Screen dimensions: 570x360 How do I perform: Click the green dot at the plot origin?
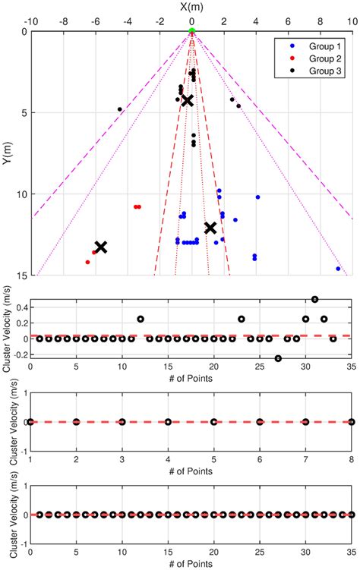192,30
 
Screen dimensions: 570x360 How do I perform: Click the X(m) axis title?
191,7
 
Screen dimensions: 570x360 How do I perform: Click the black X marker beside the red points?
100,247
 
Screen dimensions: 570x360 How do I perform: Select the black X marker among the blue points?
210,228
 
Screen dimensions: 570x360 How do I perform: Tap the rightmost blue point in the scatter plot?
338,269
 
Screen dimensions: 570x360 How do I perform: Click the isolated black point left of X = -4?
120,109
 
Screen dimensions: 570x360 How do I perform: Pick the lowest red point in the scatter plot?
87,262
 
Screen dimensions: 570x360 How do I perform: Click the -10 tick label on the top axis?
30,21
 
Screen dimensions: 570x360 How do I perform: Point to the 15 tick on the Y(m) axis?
21,276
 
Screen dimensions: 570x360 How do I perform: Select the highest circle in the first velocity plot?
315,299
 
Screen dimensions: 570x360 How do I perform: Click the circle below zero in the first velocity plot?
278,358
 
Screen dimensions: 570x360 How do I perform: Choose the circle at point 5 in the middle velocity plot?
213,421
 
